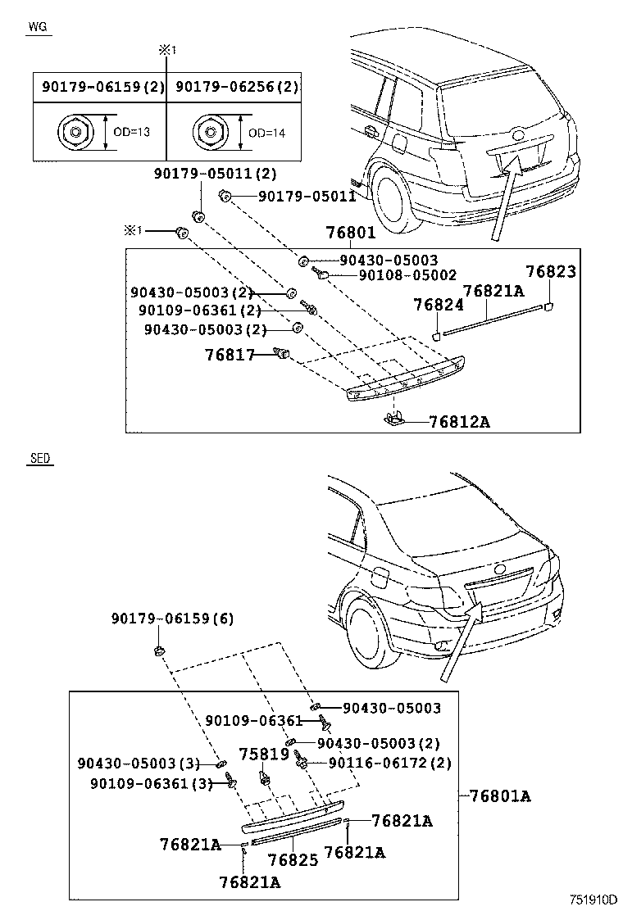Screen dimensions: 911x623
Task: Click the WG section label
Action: click(39, 26)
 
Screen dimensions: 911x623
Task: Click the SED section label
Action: click(39, 459)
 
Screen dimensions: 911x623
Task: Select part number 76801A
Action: click(500, 795)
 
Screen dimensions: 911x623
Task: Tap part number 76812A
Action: click(459, 422)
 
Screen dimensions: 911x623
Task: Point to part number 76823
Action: click(551, 273)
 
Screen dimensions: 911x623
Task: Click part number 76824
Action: click(438, 304)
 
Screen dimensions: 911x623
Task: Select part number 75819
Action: click(264, 754)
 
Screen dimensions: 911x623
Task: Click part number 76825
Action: click(293, 860)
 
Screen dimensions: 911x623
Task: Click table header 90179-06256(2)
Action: click(237, 86)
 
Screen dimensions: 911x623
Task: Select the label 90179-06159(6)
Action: click(173, 619)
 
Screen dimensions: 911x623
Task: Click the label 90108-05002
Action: click(407, 276)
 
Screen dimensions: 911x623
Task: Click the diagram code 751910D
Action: click(593, 899)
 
